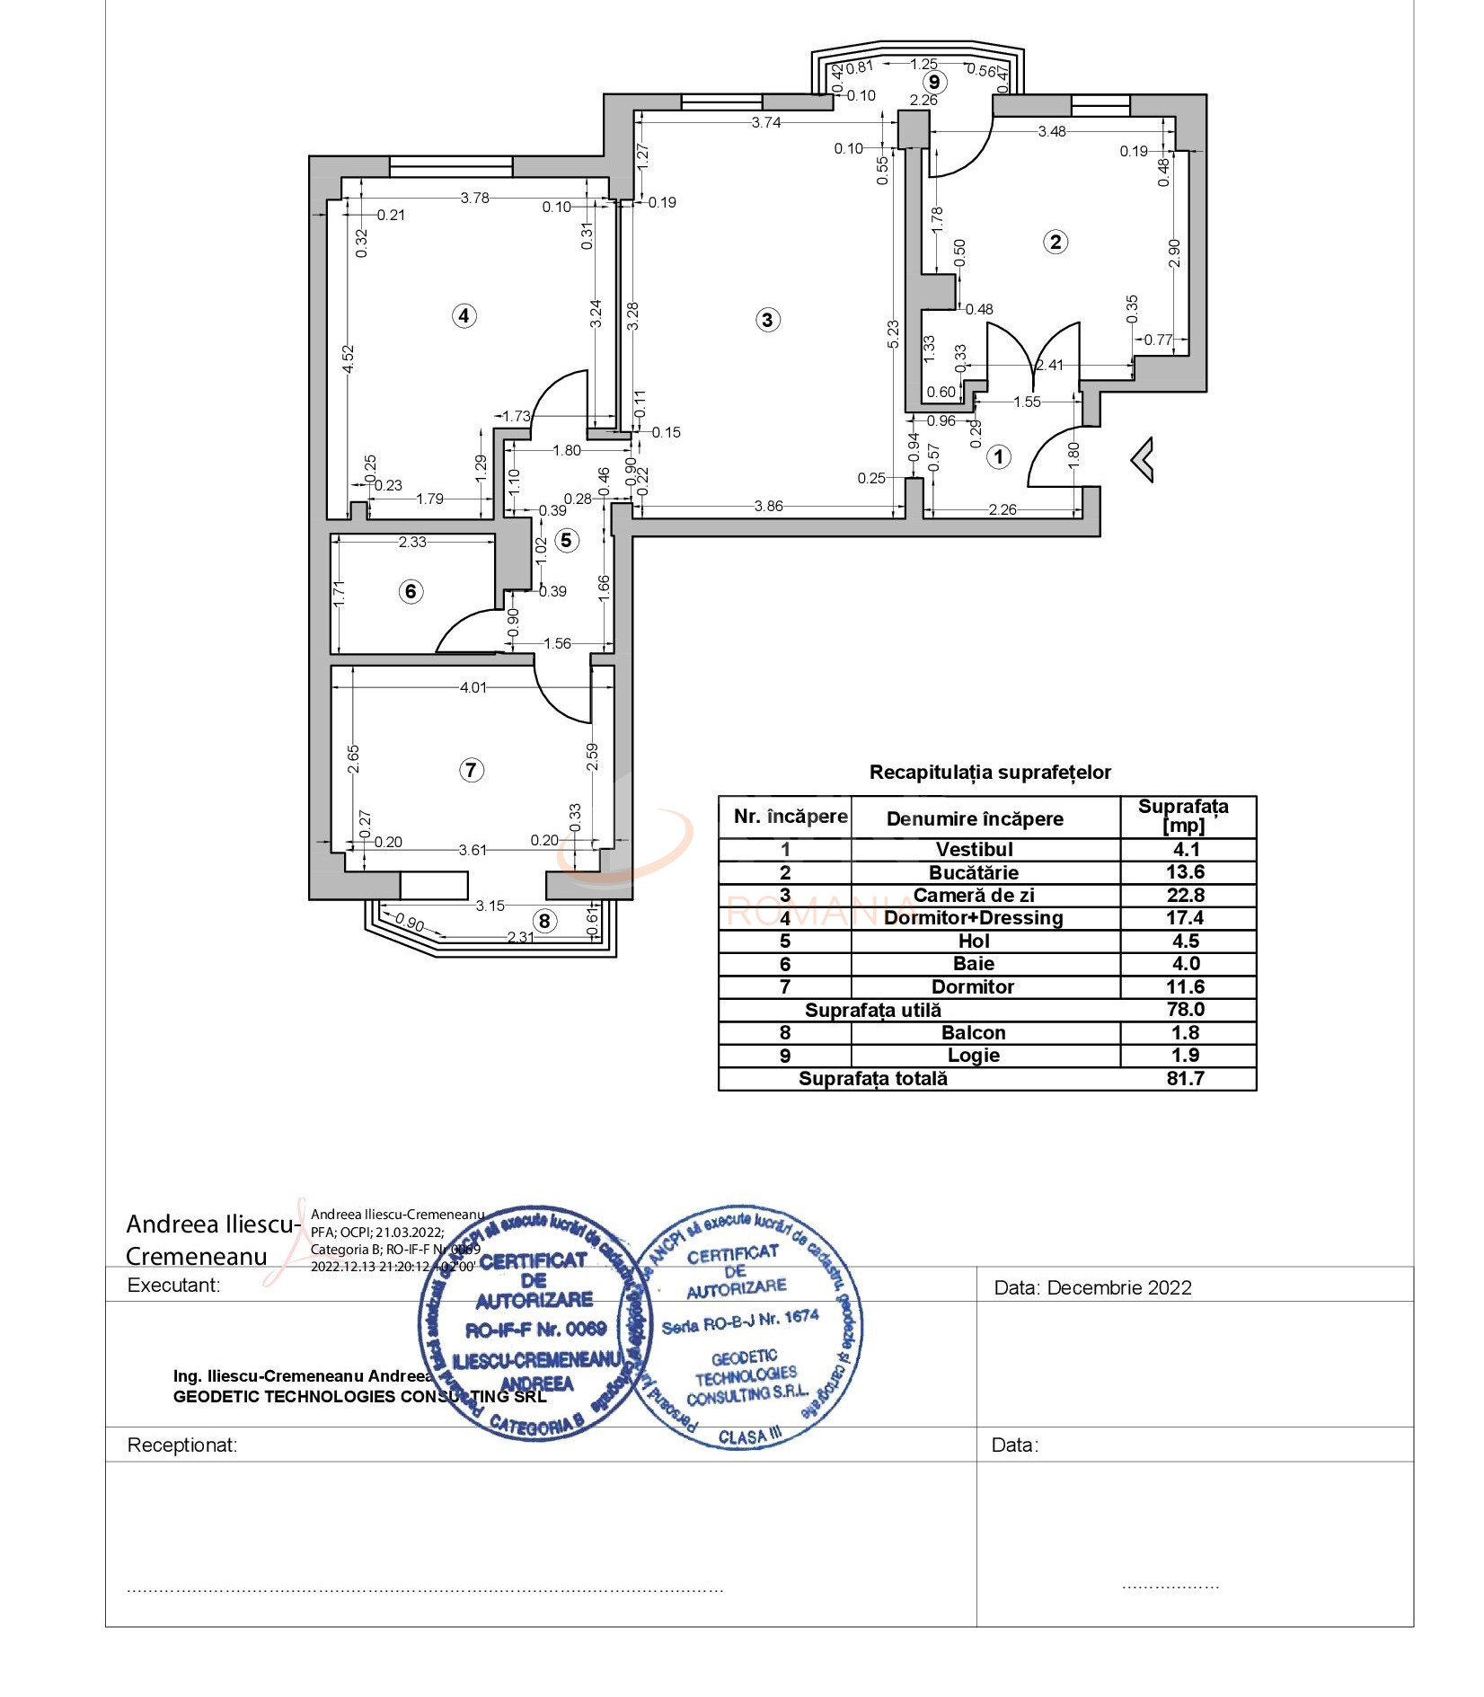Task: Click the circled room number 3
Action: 767,320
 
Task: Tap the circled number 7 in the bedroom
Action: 471,770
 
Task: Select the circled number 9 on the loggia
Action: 934,82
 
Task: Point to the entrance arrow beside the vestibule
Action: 1143,459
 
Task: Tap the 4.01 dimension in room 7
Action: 473,687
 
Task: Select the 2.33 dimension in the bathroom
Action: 412,542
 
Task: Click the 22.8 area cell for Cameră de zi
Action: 1185,895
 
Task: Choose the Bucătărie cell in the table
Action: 974,872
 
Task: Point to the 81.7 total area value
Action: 1185,1078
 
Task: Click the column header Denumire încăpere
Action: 975,818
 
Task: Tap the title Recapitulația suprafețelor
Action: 990,773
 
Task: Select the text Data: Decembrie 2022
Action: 1092,1287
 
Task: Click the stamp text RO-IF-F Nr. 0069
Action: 535,1329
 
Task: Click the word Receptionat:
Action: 182,1445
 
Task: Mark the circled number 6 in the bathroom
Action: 411,591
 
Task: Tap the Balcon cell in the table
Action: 974,1032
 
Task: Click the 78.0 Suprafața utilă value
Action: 1185,1010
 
